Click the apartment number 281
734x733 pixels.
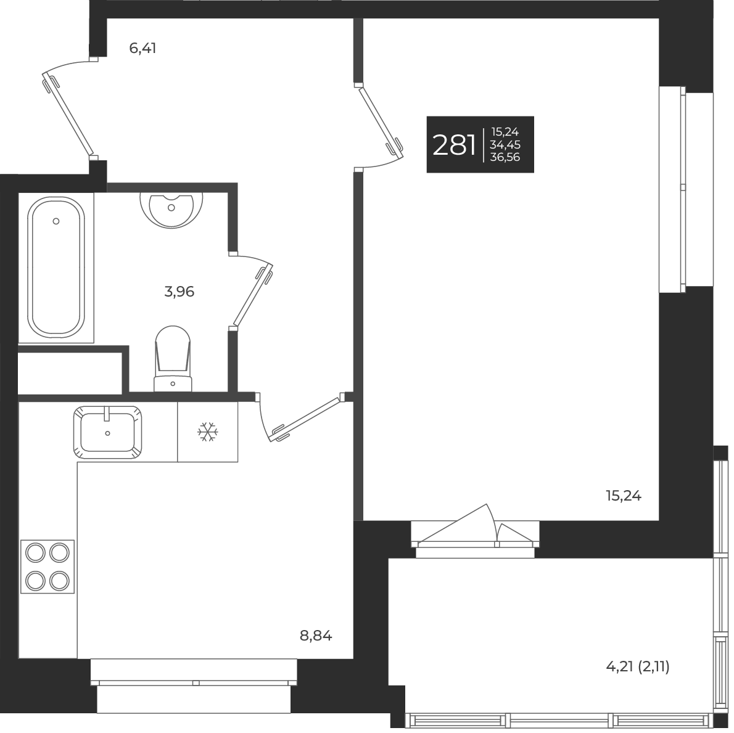click(x=454, y=145)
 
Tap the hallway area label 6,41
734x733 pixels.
click(x=142, y=48)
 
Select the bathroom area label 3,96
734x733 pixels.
click(x=179, y=292)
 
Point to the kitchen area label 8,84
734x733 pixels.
click(x=316, y=636)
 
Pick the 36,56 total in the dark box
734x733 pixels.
click(x=505, y=157)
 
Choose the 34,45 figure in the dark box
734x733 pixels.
click(x=505, y=145)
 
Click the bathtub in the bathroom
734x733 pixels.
click(x=56, y=268)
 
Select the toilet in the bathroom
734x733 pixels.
click(x=172, y=358)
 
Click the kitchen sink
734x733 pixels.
click(x=108, y=432)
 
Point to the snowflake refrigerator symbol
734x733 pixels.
click(x=208, y=432)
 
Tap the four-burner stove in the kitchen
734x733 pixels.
click(x=47, y=566)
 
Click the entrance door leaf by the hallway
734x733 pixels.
click(x=68, y=115)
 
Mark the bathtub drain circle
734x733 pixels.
click(x=56, y=221)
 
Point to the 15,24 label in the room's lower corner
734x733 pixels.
click(x=624, y=496)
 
